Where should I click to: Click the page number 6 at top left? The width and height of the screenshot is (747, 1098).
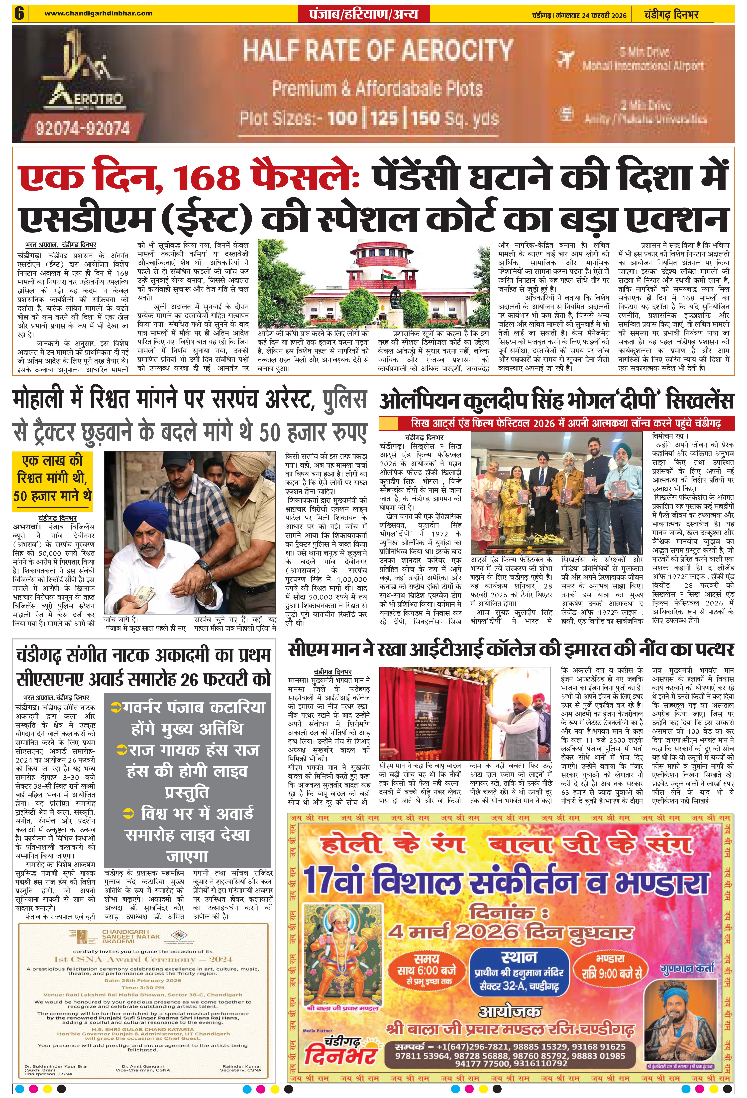(19, 13)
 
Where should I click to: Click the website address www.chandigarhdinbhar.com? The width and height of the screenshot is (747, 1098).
(98, 13)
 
